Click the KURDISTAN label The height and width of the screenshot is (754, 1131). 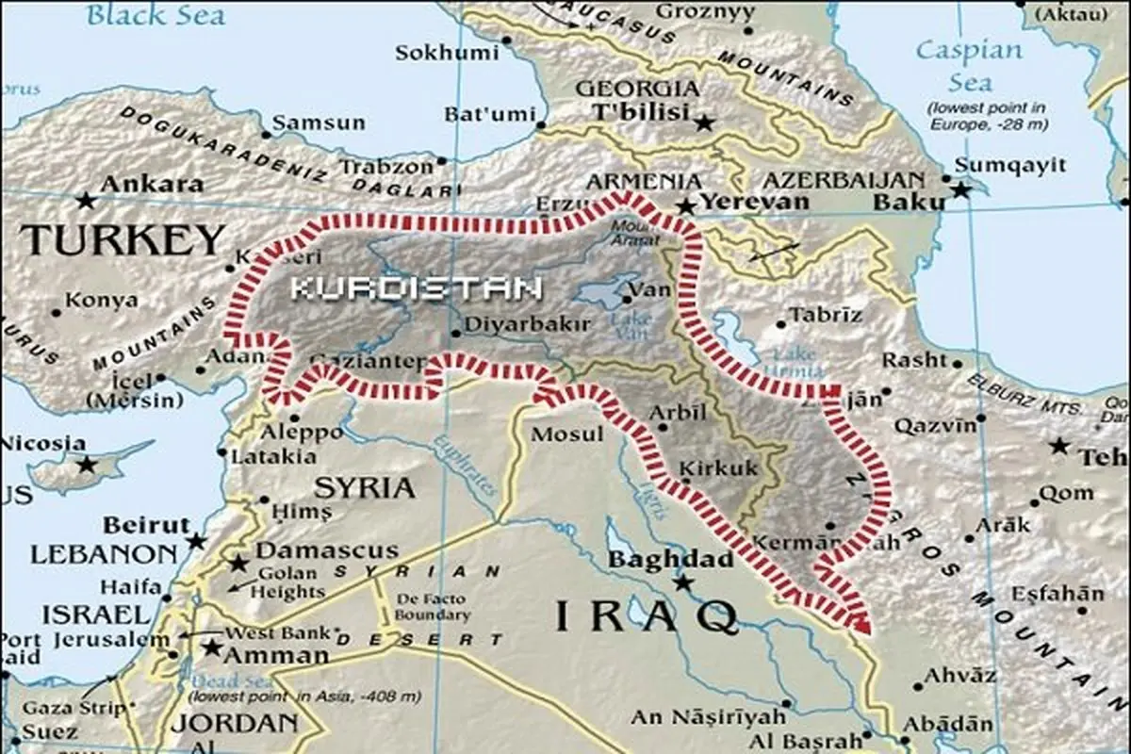(416, 287)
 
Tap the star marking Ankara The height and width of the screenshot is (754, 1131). (86, 200)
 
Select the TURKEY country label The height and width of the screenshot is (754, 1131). (123, 240)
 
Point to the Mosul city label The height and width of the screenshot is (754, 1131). (567, 434)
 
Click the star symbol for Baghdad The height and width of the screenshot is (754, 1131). (683, 583)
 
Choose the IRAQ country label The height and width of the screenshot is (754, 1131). (646, 617)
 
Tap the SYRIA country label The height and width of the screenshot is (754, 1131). (364, 487)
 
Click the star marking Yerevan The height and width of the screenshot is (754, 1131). (686, 205)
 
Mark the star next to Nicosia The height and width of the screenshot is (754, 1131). (87, 464)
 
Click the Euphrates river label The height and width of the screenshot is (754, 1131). (467, 468)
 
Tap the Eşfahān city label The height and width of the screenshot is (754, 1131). (1057, 594)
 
